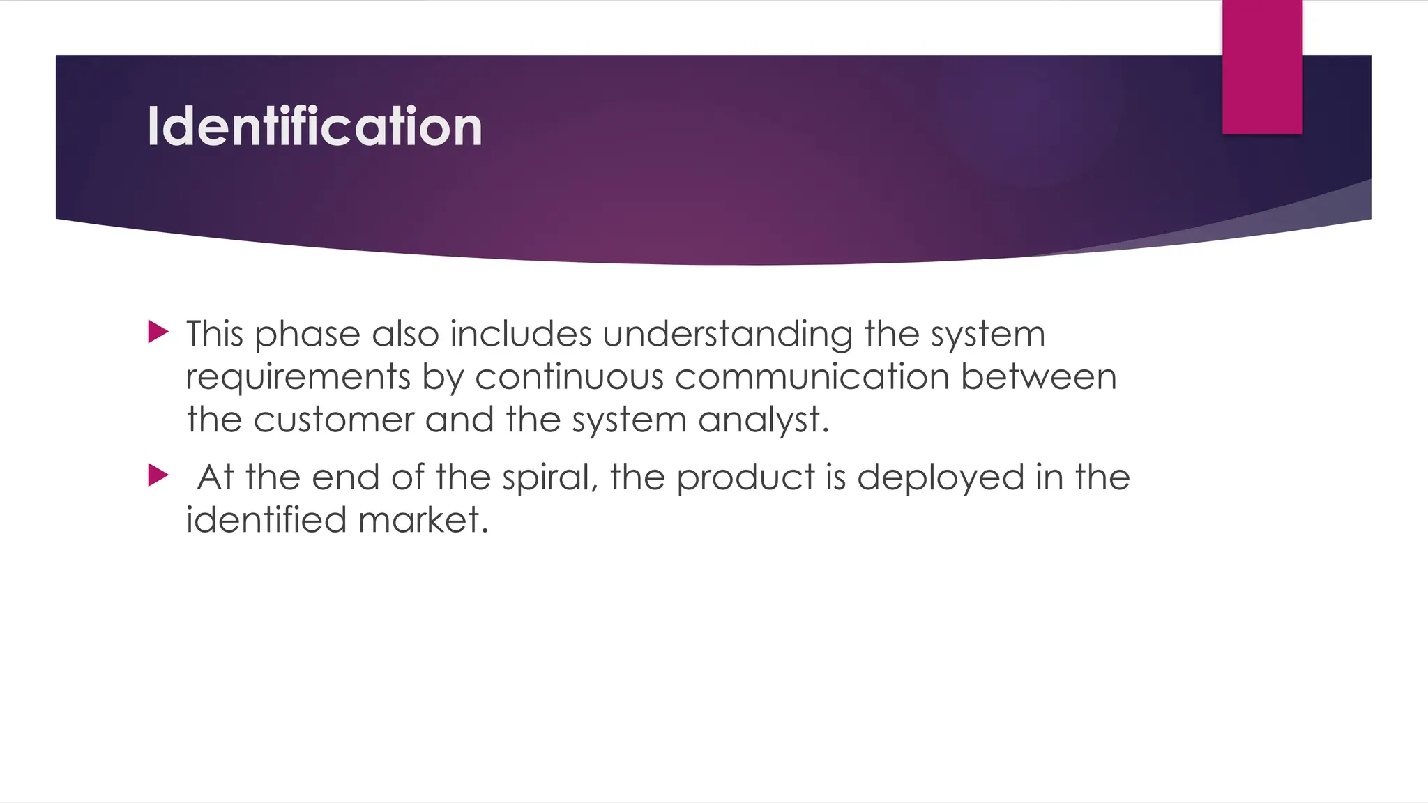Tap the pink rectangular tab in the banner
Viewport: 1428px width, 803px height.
[x=1262, y=67]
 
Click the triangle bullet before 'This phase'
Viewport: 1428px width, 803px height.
[x=158, y=332]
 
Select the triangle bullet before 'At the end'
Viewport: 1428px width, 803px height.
[x=158, y=476]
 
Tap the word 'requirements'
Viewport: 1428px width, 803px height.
[x=298, y=378]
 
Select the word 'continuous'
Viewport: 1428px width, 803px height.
[x=570, y=377]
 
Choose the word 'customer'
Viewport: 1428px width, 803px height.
[x=334, y=420]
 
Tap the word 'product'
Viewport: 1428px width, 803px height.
[x=745, y=478]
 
